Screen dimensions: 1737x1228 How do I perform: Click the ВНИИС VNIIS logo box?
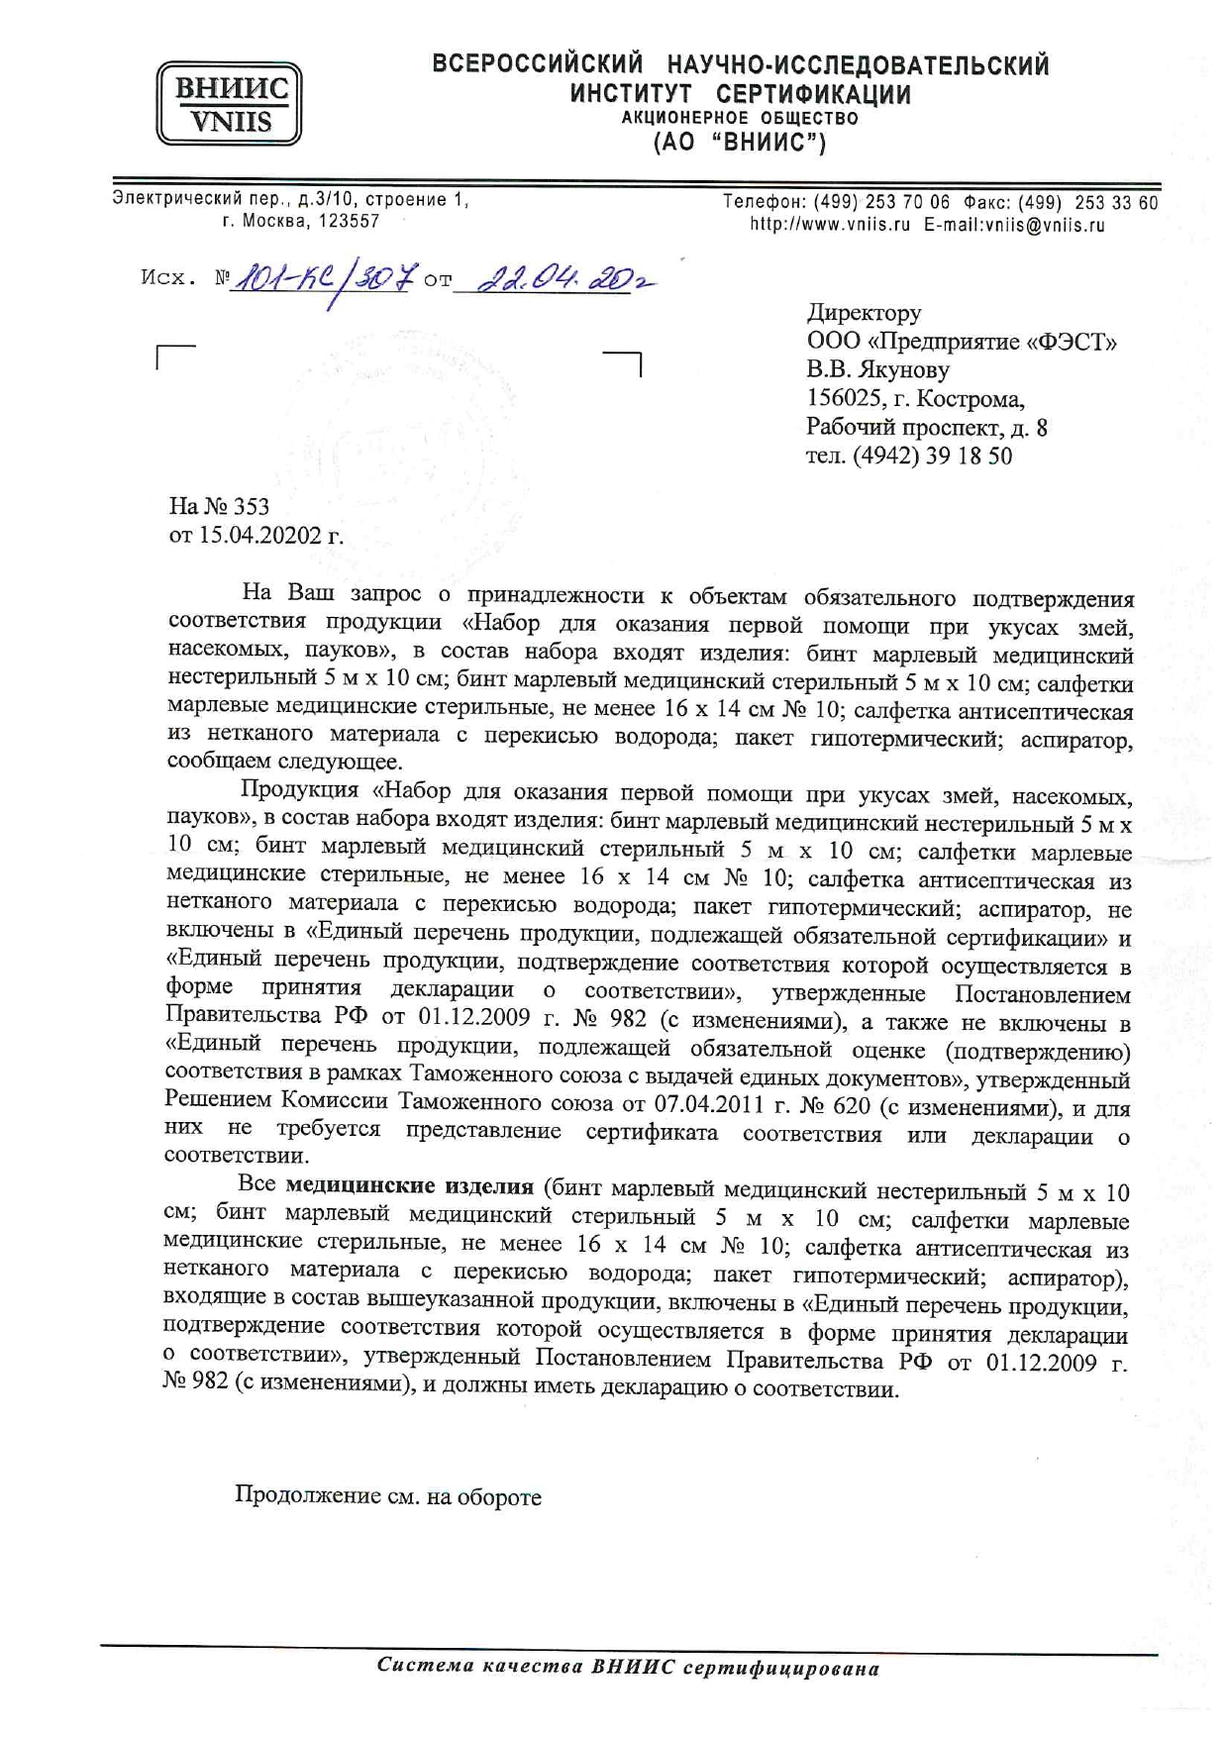point(229,103)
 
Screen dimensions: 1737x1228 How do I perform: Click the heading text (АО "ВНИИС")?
point(739,143)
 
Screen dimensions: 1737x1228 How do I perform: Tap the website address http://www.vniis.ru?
point(829,225)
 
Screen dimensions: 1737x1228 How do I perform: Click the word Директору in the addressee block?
point(864,313)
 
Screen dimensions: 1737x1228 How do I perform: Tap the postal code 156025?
point(841,399)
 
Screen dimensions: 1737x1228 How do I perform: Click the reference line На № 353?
point(219,507)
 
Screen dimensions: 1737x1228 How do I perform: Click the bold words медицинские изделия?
point(409,1186)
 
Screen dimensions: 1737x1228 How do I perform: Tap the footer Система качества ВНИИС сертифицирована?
point(628,1668)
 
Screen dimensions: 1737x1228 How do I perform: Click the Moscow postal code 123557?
point(349,222)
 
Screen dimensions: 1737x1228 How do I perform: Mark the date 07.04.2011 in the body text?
point(709,1103)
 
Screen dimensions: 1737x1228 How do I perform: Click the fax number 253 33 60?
point(1116,203)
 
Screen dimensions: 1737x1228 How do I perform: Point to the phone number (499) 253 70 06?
point(881,202)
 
